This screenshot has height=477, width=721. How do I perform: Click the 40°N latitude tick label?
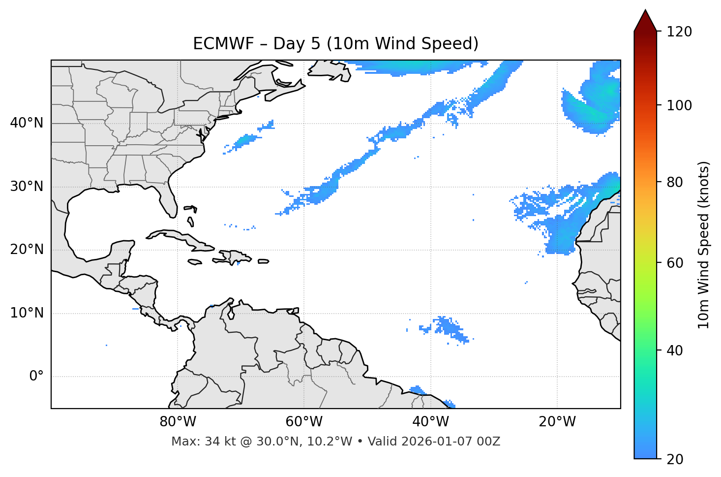coord(27,123)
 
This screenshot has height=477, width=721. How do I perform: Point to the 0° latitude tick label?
coord(36,377)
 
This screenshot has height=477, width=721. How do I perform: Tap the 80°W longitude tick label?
coord(178,422)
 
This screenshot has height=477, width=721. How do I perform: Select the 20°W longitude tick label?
coord(557,422)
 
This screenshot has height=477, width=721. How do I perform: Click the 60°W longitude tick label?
coord(303,422)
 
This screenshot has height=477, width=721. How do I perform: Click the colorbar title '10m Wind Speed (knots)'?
coord(704,245)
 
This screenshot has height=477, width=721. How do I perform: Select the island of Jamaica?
coord(195,262)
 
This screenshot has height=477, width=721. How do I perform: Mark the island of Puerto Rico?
coord(263,261)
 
